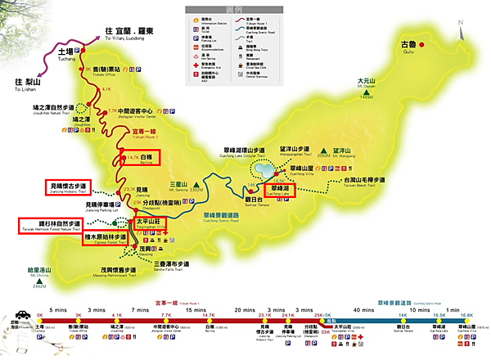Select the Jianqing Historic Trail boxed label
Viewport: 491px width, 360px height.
click(69, 189)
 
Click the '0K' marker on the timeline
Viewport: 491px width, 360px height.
click(40, 315)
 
